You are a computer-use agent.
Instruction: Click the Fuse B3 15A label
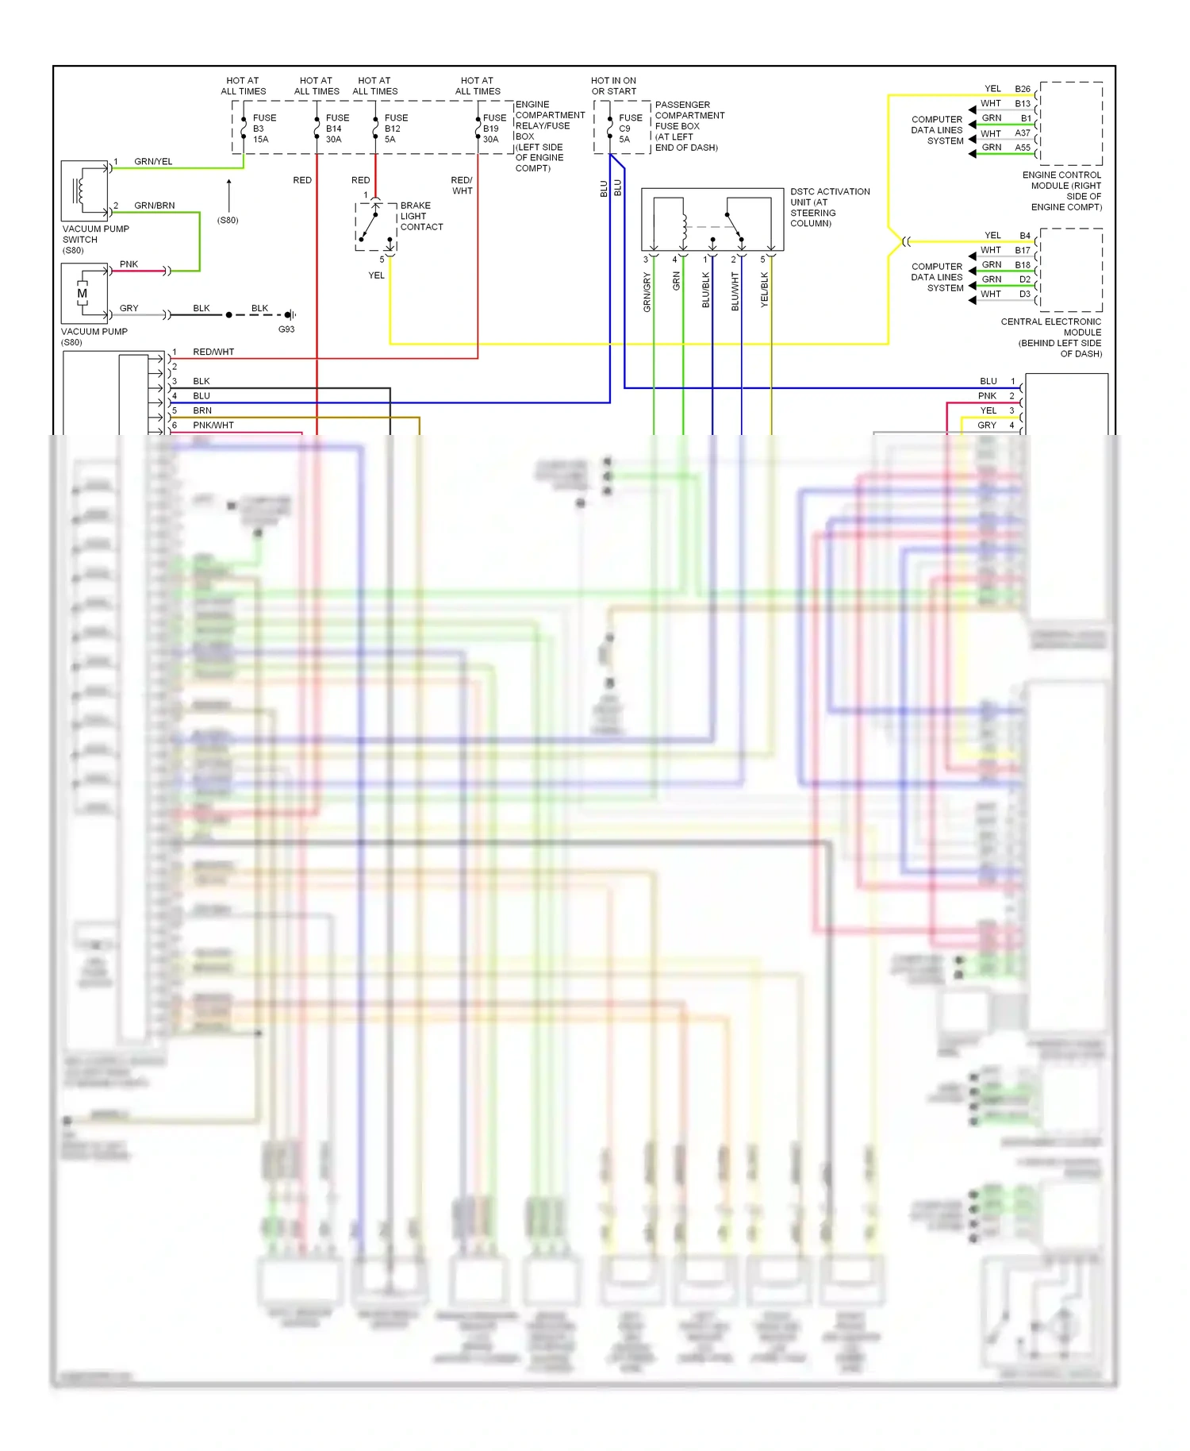[x=263, y=129]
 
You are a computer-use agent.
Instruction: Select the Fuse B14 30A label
[x=336, y=129]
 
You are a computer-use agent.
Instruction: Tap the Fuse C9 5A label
[x=630, y=129]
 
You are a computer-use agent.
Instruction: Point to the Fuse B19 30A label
[x=493, y=129]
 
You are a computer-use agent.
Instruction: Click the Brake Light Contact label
[x=420, y=216]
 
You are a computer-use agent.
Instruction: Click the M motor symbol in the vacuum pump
[x=82, y=294]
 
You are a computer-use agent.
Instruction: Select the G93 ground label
[x=286, y=329]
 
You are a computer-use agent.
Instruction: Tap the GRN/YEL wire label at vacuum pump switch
[x=153, y=162]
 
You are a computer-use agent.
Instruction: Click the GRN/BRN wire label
[x=154, y=206]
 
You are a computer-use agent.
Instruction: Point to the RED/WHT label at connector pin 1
[x=213, y=352]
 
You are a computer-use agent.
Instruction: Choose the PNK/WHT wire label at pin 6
[x=213, y=425]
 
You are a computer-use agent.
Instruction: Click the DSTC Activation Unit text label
[x=829, y=207]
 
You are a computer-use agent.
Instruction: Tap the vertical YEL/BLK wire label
[x=765, y=290]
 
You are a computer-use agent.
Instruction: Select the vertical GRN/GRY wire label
[x=647, y=292]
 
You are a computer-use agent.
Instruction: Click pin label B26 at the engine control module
[x=1023, y=89]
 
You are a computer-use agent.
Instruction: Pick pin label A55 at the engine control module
[x=1023, y=148]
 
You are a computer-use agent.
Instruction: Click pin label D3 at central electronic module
[x=1025, y=294]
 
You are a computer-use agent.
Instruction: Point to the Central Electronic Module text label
[x=1051, y=337]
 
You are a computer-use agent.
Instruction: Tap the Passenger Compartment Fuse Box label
[x=688, y=126]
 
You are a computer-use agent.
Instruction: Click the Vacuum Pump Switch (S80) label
[x=95, y=240]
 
